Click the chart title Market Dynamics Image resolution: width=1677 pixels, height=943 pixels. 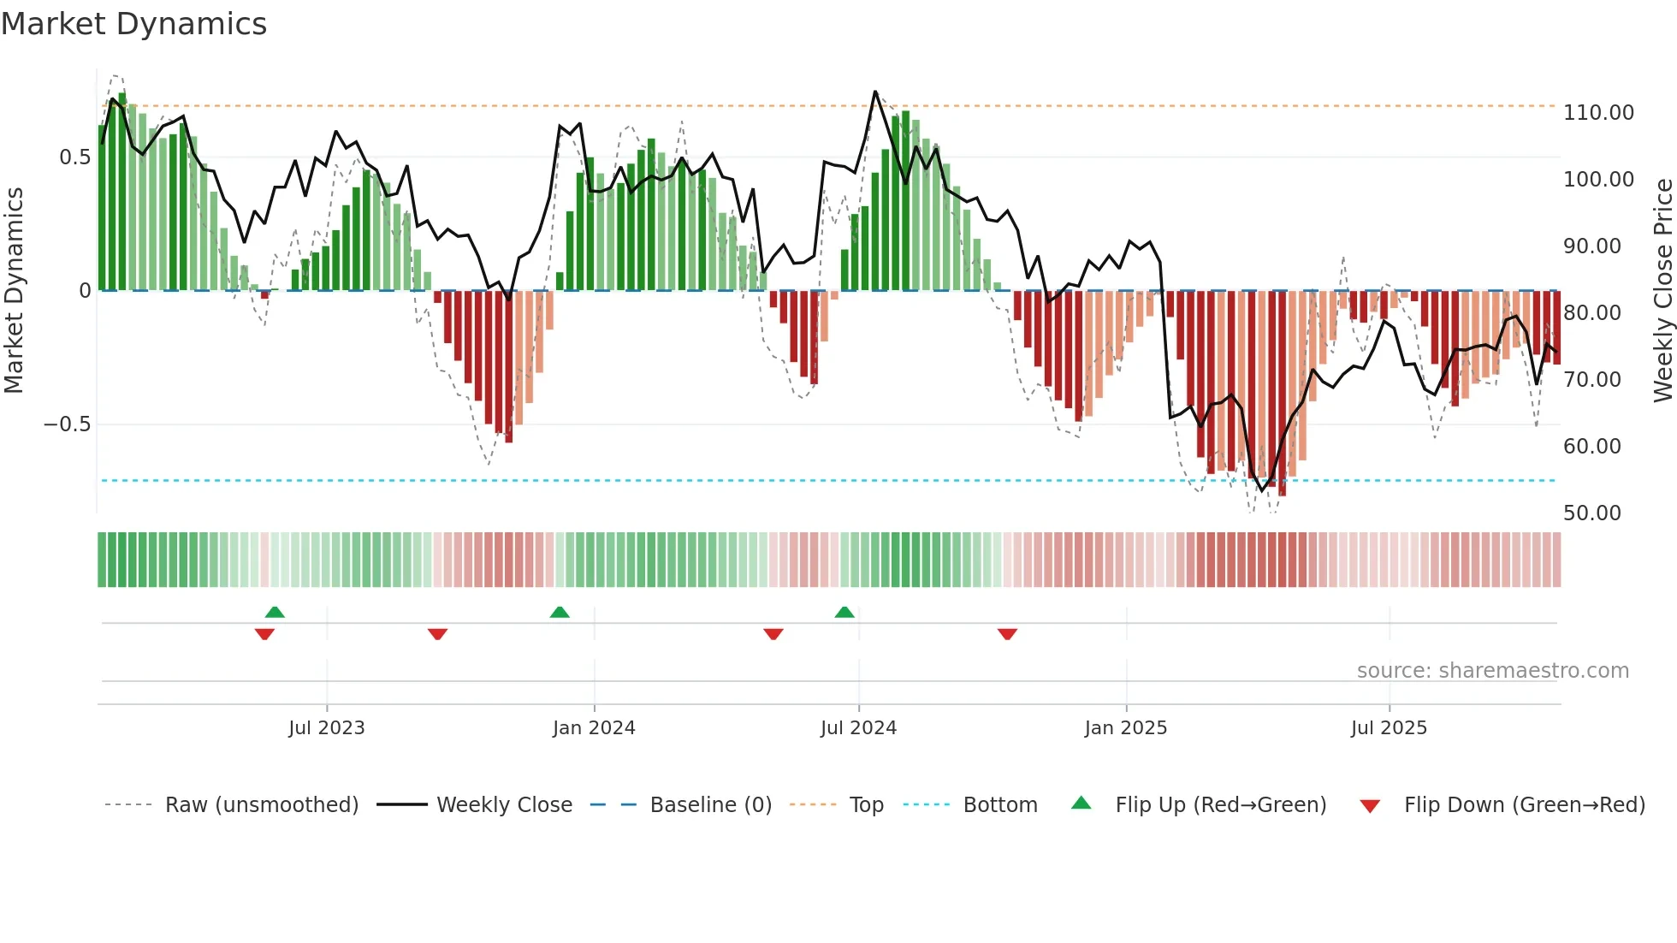tap(133, 24)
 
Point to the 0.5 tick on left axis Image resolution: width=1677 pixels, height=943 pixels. tap(74, 157)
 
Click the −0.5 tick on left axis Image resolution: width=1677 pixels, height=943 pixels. tap(68, 424)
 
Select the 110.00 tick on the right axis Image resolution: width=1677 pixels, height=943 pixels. tap(1598, 113)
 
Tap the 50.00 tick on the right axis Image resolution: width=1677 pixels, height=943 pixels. tap(1591, 513)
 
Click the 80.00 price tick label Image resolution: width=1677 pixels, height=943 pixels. tap(1591, 313)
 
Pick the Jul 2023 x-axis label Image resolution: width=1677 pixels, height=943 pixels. tap(326, 728)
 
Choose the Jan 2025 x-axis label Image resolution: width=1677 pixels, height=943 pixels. tap(1125, 728)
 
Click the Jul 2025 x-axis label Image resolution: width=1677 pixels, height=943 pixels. tap(1389, 728)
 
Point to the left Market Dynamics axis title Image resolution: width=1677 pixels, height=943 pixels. tap(14, 291)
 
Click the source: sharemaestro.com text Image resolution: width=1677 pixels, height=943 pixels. tap(1492, 671)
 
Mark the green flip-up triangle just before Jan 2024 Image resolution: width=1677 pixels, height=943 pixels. tap(560, 613)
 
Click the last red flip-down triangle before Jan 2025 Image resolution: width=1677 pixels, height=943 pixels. tap(1007, 634)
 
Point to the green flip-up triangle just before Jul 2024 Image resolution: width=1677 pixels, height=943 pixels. tap(844, 613)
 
